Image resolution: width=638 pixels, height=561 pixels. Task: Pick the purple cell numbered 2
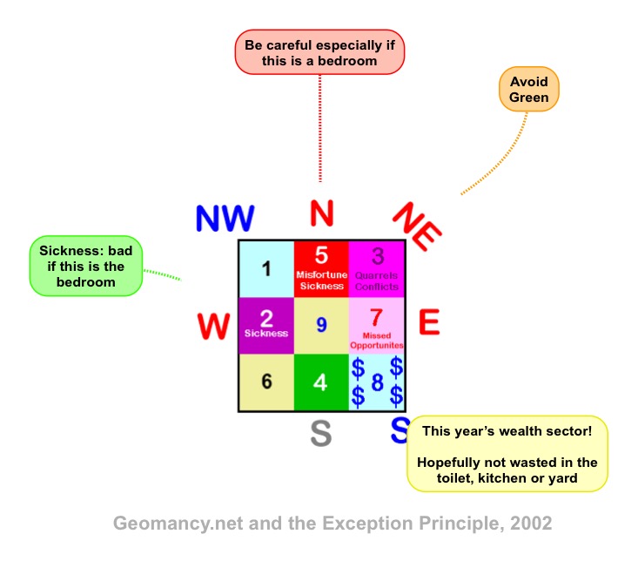coord(266,324)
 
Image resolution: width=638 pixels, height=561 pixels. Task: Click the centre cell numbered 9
coord(321,325)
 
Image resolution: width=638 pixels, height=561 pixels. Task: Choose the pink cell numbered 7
coord(376,324)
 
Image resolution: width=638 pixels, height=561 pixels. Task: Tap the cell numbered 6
coord(266,382)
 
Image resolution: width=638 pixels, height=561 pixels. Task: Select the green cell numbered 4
coord(321,382)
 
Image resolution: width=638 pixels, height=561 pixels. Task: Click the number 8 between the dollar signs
coord(377,382)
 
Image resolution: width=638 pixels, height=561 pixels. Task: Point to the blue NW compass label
coord(225,219)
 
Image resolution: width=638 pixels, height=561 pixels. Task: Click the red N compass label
coord(322,212)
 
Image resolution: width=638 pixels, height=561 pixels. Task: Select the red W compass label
coord(213,327)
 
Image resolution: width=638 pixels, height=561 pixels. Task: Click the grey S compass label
coord(321,433)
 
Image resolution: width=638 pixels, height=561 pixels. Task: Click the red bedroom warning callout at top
coord(320,51)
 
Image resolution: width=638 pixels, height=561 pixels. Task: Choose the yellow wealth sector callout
coord(509,453)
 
